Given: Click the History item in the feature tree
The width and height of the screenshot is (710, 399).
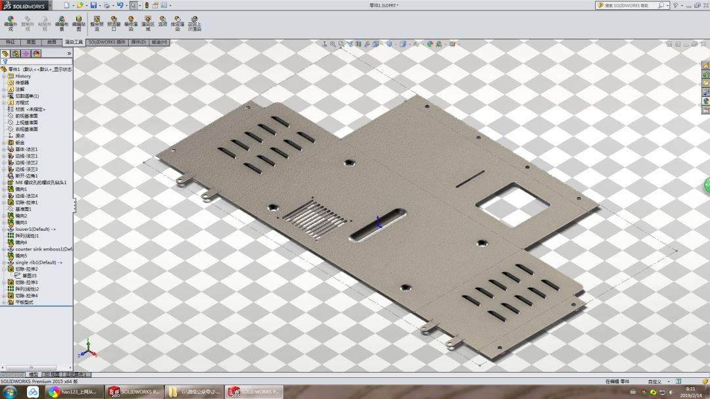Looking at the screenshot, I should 23,76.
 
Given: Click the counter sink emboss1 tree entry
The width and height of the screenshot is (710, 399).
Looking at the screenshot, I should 43,249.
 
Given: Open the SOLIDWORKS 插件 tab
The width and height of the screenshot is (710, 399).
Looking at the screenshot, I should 106,42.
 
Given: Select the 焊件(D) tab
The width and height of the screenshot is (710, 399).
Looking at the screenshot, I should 139,42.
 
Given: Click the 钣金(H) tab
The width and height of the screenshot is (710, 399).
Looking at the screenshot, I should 160,42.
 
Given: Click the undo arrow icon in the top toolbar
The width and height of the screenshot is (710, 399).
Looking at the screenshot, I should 120,5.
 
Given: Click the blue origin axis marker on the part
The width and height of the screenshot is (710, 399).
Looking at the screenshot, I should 378,222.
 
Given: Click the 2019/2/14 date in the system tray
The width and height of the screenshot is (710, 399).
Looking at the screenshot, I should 690,395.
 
